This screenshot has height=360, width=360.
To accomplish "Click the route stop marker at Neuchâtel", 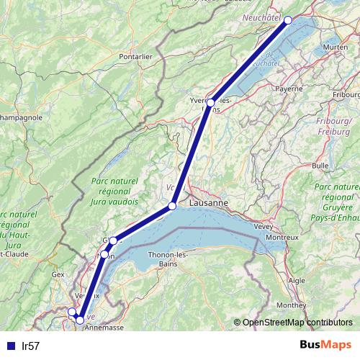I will click(x=288, y=20).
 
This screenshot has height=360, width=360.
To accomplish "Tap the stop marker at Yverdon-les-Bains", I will click(x=210, y=103).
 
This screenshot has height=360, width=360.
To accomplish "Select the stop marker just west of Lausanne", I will click(x=172, y=207).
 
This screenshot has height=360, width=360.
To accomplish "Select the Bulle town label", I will click(x=320, y=165).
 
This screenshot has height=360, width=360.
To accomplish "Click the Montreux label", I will click(x=282, y=237).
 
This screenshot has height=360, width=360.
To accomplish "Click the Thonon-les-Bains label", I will click(x=167, y=258).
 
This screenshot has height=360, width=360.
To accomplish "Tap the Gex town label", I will click(x=59, y=274).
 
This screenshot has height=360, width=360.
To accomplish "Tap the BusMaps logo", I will click(x=320, y=346).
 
